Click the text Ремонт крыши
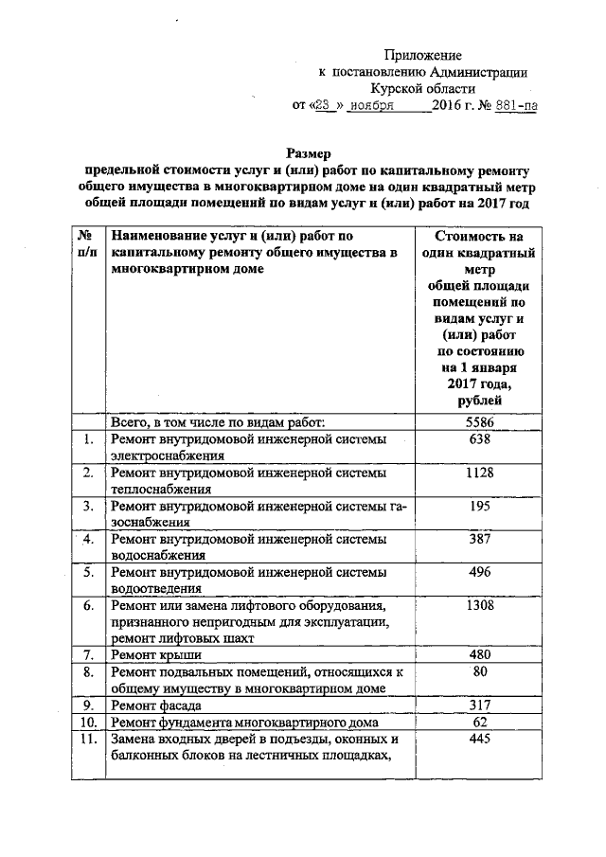pos(150,655)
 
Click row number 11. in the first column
pos(86,740)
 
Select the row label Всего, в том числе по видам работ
pos(219,420)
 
